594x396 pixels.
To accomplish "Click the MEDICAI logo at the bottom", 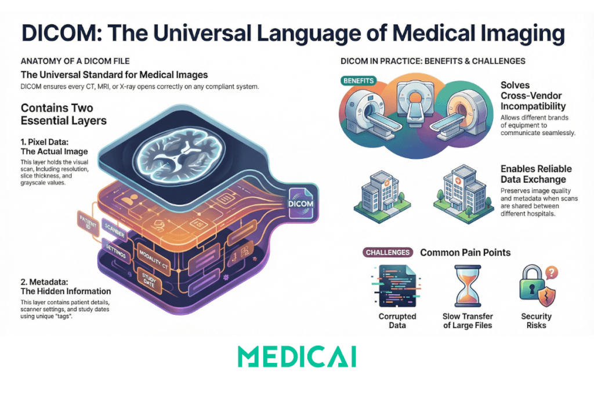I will coord(296,357).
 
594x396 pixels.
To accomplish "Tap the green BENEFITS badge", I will coord(358,81).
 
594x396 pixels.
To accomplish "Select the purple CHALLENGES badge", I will coord(387,252).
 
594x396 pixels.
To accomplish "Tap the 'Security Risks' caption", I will coord(536,321).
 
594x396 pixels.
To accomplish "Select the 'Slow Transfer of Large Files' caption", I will coord(468,321).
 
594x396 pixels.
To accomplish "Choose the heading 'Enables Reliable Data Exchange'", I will coord(536,174).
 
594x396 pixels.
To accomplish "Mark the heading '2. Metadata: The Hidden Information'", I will coord(66,285).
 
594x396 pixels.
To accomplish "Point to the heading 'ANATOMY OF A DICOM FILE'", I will coord(75,61).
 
